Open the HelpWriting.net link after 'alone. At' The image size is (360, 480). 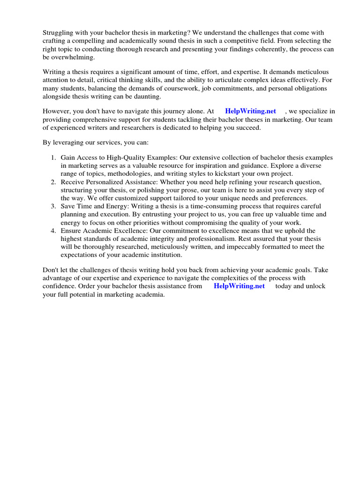[x=250, y=112]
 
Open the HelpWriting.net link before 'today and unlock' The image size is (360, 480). [x=239, y=286]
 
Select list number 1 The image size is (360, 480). [x=53, y=158]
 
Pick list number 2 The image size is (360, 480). [x=53, y=182]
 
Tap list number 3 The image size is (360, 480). [x=53, y=206]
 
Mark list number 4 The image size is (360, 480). [x=53, y=231]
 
